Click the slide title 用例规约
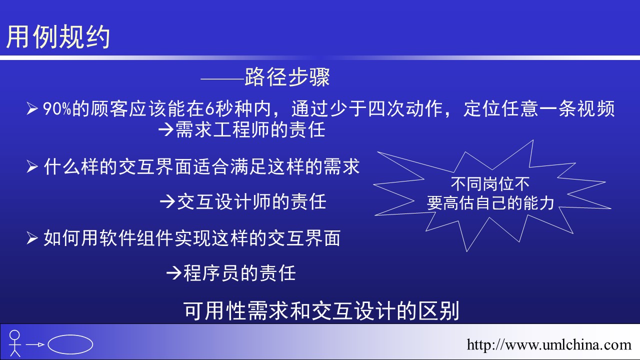click(x=58, y=36)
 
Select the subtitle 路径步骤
click(x=287, y=77)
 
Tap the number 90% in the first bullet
click(x=57, y=109)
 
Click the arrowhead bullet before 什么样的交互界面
click(x=32, y=166)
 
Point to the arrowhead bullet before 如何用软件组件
click(x=32, y=238)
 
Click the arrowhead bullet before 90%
click(x=32, y=109)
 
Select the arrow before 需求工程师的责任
click(x=166, y=129)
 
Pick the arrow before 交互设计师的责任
click(x=167, y=201)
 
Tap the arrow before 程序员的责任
click(x=173, y=273)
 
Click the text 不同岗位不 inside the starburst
click(x=490, y=184)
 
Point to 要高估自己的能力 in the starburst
click(x=490, y=203)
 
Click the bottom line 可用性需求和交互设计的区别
click(x=321, y=310)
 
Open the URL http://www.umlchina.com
click(x=549, y=345)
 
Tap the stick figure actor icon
click(x=14, y=343)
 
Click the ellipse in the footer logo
click(x=70, y=344)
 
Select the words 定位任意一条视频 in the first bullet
click(x=539, y=109)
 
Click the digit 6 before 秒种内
click(x=209, y=109)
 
